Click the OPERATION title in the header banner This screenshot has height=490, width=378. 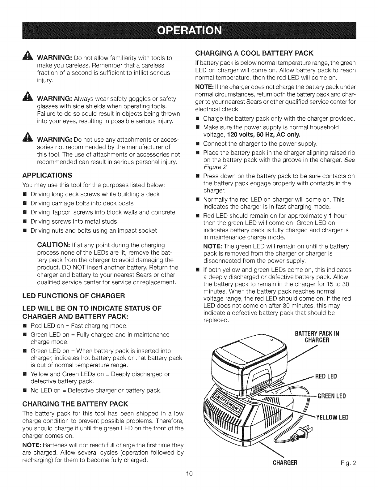click(189, 31)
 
